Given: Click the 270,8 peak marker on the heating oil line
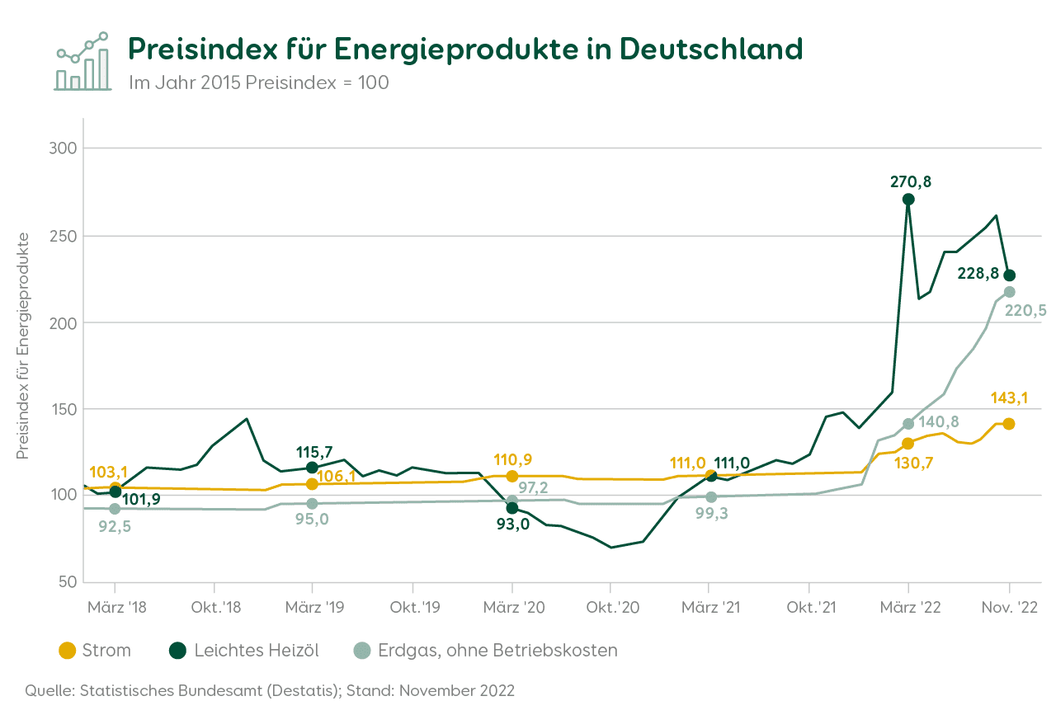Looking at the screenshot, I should pyautogui.click(x=908, y=199).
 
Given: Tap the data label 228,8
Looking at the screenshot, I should pyautogui.click(x=978, y=274).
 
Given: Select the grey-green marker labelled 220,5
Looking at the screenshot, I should pyautogui.click(x=1009, y=292).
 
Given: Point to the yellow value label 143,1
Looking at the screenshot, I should pyautogui.click(x=1009, y=398).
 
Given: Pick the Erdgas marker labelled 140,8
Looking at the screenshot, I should pyautogui.click(x=908, y=424).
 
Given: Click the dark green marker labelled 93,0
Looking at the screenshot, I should pyautogui.click(x=512, y=508).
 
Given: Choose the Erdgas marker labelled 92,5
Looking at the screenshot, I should pyautogui.click(x=115, y=509).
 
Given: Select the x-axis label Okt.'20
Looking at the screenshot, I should pyautogui.click(x=611, y=608).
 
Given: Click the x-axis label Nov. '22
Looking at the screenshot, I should pyautogui.click(x=1009, y=608).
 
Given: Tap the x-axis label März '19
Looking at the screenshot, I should pyautogui.click(x=313, y=608).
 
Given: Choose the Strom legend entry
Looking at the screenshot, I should pyautogui.click(x=95, y=651).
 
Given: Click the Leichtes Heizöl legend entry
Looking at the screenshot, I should pyautogui.click(x=243, y=651).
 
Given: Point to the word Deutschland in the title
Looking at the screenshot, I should pyautogui.click(x=711, y=49).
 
